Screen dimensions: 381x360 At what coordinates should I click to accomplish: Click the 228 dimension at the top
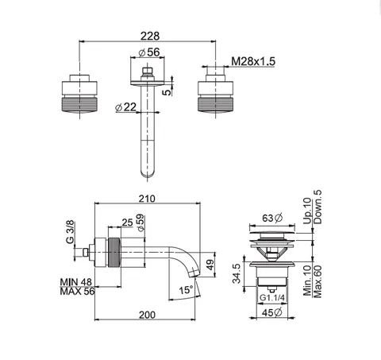pyautogui.click(x=150, y=36)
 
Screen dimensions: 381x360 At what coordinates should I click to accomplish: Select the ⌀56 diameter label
pyautogui.click(x=149, y=52)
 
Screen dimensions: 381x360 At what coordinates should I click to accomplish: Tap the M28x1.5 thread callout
pyautogui.click(x=253, y=61)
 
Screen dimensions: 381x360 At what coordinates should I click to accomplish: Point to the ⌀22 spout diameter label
pyautogui.click(x=126, y=107)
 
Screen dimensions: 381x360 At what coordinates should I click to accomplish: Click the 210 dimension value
pyautogui.click(x=147, y=199)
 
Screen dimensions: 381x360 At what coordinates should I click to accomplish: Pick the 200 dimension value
pyautogui.click(x=147, y=315)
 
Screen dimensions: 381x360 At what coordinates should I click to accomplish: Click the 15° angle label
pyautogui.click(x=186, y=290)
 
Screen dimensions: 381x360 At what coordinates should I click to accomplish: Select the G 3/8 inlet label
pyautogui.click(x=70, y=232)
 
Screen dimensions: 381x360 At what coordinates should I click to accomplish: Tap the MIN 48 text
pyautogui.click(x=76, y=282)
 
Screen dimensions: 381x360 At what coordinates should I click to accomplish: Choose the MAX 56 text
pyautogui.click(x=77, y=292)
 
